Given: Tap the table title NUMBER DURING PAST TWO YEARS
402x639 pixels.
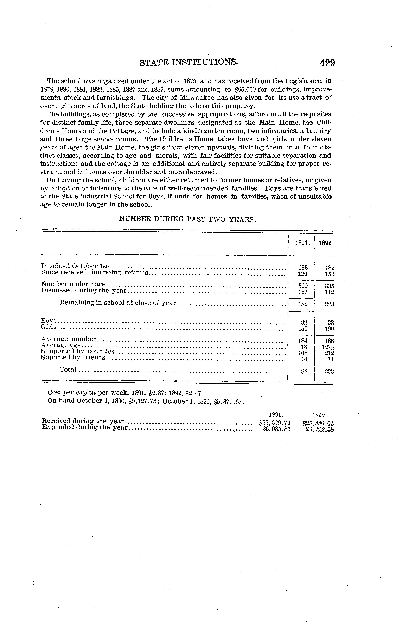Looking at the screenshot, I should (x=188, y=219).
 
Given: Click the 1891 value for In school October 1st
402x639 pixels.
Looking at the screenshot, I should (x=303, y=268).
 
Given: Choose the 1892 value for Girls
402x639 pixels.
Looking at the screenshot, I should (x=330, y=329).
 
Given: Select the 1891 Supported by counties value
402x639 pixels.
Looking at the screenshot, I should (x=303, y=353).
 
